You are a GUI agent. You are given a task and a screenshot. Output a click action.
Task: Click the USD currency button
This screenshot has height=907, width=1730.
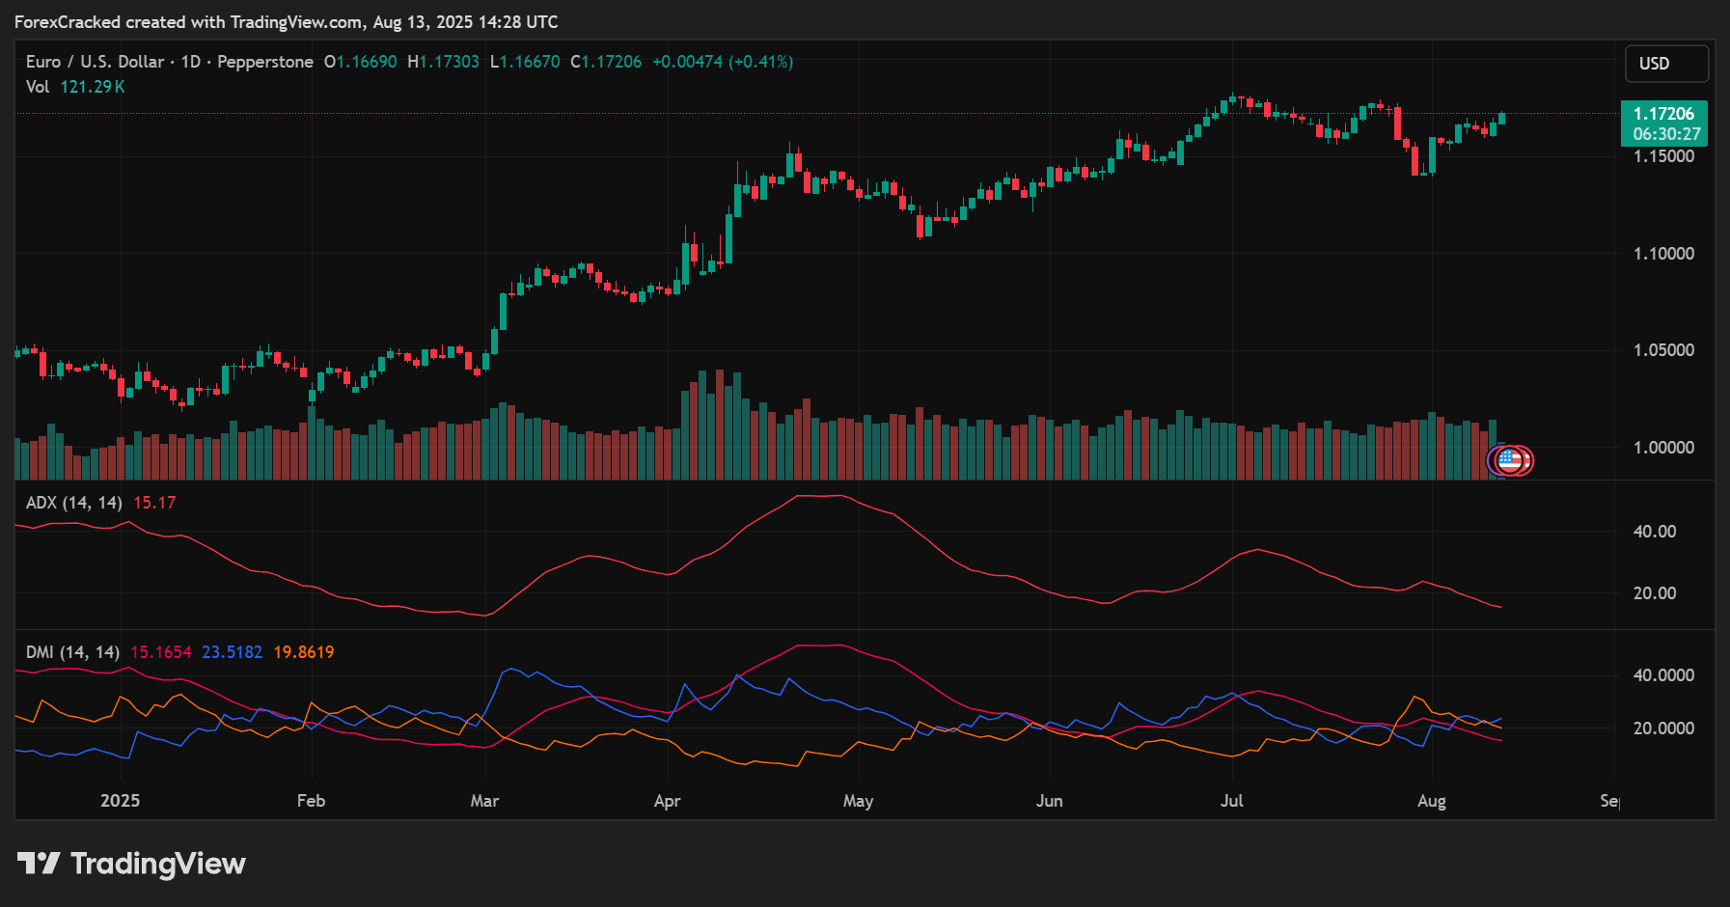pos(1665,64)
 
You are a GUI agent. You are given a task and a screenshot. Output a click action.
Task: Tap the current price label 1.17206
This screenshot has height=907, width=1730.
pos(1663,114)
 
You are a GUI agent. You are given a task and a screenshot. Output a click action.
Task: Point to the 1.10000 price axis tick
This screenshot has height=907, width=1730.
pos(1663,254)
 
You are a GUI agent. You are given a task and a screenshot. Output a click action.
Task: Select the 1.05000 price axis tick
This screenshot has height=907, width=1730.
pos(1663,350)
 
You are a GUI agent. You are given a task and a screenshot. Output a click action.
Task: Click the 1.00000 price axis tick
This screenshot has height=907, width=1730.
pos(1663,448)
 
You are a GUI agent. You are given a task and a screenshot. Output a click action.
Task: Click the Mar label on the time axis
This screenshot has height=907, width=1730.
pos(484,801)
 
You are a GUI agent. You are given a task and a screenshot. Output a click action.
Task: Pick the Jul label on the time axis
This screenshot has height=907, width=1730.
pos(1231,801)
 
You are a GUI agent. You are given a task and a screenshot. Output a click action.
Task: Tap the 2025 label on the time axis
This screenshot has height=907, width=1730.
pos(120,801)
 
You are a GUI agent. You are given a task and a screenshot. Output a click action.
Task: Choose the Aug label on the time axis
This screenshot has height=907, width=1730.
pos(1431,801)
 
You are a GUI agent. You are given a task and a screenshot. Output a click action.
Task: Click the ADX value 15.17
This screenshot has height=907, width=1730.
pos(154,503)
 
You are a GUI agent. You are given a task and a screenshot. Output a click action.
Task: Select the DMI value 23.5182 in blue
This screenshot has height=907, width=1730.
pos(232,652)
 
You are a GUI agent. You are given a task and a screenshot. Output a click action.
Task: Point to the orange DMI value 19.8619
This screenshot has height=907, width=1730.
pos(303,652)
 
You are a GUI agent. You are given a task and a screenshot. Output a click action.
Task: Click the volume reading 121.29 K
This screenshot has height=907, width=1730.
pos(93,87)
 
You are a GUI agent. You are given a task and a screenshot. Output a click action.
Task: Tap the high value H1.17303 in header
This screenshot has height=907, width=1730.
pos(443,62)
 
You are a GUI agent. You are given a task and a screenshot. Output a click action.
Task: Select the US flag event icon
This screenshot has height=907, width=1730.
pos(1509,460)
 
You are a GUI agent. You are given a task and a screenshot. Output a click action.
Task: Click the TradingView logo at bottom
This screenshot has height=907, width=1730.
pos(131,864)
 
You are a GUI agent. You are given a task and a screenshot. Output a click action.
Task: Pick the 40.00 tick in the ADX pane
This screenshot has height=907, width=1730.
pos(1654,532)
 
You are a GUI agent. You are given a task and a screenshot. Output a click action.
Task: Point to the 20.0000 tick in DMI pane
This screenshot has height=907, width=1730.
pos(1662,728)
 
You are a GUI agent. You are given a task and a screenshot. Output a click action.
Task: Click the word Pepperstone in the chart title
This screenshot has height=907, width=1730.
pos(265,62)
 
